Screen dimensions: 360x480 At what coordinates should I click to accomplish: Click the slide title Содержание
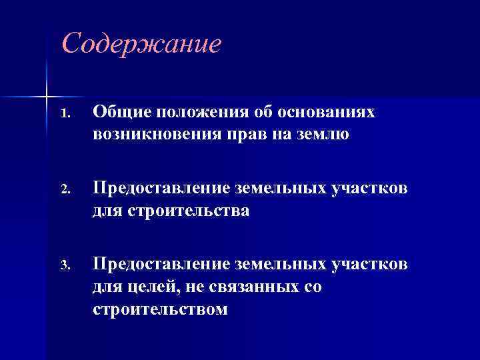tap(140, 44)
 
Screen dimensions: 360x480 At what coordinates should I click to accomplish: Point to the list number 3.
tap(63, 267)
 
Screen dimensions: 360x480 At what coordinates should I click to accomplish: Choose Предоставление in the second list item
tap(162, 189)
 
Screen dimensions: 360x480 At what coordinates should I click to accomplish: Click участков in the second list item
tap(369, 189)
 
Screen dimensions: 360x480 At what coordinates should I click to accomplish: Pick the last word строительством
tap(161, 310)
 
